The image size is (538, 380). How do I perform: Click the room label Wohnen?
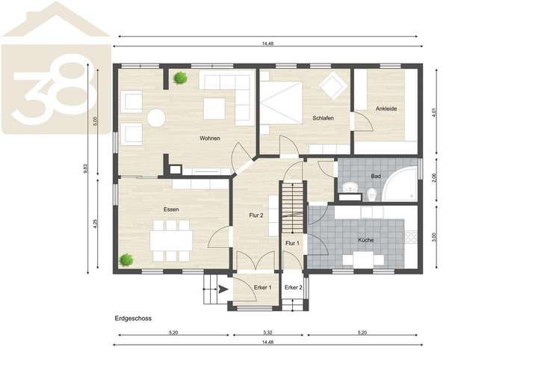209,138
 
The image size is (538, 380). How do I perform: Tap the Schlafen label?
323,119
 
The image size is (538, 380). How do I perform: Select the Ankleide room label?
386,108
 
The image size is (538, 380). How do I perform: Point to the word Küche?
365,240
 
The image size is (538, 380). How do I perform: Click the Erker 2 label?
293,287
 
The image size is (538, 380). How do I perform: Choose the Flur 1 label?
292,243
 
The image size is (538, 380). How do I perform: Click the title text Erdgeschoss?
134,318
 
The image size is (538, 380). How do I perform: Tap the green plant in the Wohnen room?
180,77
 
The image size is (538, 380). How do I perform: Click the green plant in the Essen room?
126,260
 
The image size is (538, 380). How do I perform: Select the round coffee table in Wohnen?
156,117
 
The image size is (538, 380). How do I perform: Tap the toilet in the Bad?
371,195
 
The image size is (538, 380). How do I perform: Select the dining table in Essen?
171,239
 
